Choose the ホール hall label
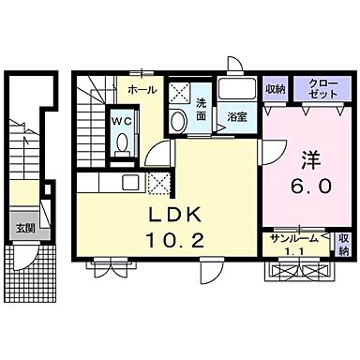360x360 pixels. click(x=142, y=91)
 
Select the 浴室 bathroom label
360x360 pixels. click(x=238, y=117)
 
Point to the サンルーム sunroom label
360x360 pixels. click(x=290, y=239)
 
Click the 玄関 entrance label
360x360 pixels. click(x=23, y=226)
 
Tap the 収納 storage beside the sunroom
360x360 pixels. click(x=343, y=244)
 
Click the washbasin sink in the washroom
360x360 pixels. click(x=179, y=120)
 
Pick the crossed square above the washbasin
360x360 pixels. click(x=179, y=92)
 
